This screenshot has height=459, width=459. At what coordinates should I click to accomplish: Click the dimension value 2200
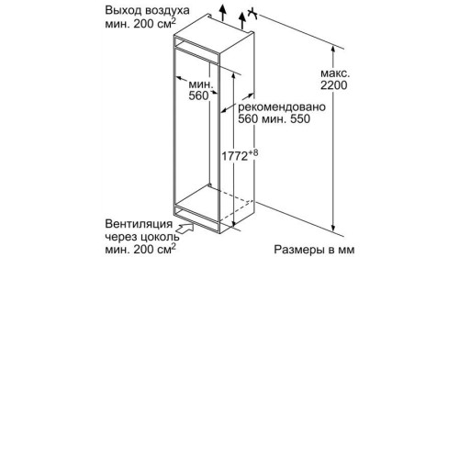(x=334, y=85)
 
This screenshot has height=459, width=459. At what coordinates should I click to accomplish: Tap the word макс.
(x=335, y=73)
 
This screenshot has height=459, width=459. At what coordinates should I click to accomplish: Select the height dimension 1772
(x=234, y=156)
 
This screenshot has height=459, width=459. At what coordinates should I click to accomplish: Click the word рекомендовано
(x=282, y=107)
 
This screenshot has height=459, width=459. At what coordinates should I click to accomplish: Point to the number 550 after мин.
(x=300, y=118)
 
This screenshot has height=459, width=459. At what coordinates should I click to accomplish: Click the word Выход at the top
(x=123, y=10)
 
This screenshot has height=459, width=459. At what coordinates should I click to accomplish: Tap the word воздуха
(x=167, y=10)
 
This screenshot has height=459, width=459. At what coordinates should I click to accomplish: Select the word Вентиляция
(x=139, y=224)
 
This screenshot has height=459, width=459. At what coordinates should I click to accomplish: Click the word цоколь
(x=161, y=237)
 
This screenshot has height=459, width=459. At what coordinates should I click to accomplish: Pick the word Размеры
(x=299, y=250)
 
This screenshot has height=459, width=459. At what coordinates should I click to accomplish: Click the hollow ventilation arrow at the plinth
(x=185, y=229)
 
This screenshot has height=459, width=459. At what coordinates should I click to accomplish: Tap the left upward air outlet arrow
(x=223, y=13)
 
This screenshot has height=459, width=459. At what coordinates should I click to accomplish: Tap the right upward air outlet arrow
(x=242, y=21)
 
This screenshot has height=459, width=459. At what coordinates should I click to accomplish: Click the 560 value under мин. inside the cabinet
(x=198, y=95)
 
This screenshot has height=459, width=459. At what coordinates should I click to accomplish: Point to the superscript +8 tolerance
(x=253, y=152)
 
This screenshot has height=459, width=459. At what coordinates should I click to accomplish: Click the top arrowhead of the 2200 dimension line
(x=333, y=49)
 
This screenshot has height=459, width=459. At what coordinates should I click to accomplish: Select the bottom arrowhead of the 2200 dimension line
(x=333, y=228)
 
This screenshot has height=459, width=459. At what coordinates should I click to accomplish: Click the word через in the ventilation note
(x=121, y=238)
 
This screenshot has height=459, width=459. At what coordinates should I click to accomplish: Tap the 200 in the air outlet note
(x=143, y=24)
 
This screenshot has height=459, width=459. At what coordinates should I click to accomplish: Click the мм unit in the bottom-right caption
(x=346, y=251)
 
